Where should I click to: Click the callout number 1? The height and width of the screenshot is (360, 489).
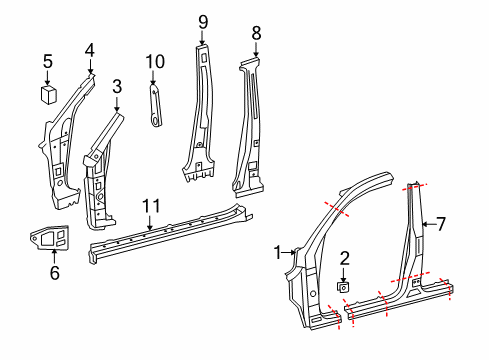tap(279, 252)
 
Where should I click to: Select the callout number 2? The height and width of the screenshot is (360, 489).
tap(343, 258)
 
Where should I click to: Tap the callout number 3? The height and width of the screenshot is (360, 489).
tap(117, 87)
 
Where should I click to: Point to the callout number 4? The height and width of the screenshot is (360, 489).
tap(89, 49)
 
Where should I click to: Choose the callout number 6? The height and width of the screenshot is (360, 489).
tap(54, 271)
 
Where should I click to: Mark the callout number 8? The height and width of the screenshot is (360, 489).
tap(256, 33)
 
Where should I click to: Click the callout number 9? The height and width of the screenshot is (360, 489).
tap(203, 21)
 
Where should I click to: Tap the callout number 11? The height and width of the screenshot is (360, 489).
tap(150, 207)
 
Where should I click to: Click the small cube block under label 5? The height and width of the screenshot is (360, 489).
tap(48, 93)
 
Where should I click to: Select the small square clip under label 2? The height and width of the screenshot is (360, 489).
tap(343, 287)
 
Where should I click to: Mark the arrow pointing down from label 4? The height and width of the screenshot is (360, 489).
tap(89, 65)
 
